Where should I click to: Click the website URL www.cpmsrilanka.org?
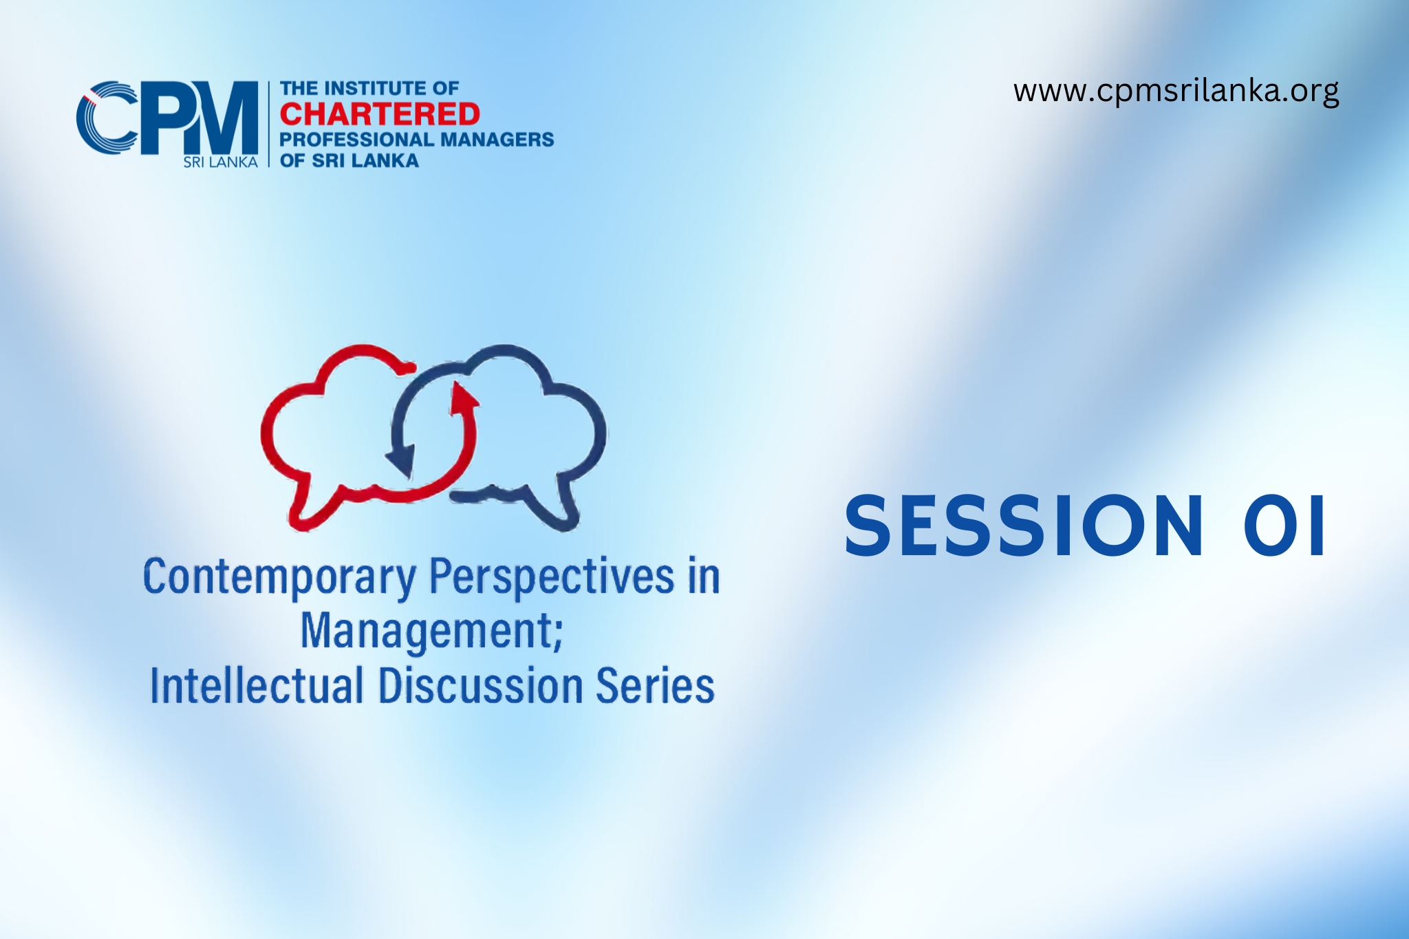point(1176,91)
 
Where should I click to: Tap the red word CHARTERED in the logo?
point(380,114)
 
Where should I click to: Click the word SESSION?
point(1024,526)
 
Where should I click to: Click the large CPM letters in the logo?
point(167,118)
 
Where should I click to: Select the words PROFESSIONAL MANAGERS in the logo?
point(416,140)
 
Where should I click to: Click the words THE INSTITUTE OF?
point(369,88)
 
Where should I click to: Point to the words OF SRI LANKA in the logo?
point(349,161)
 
